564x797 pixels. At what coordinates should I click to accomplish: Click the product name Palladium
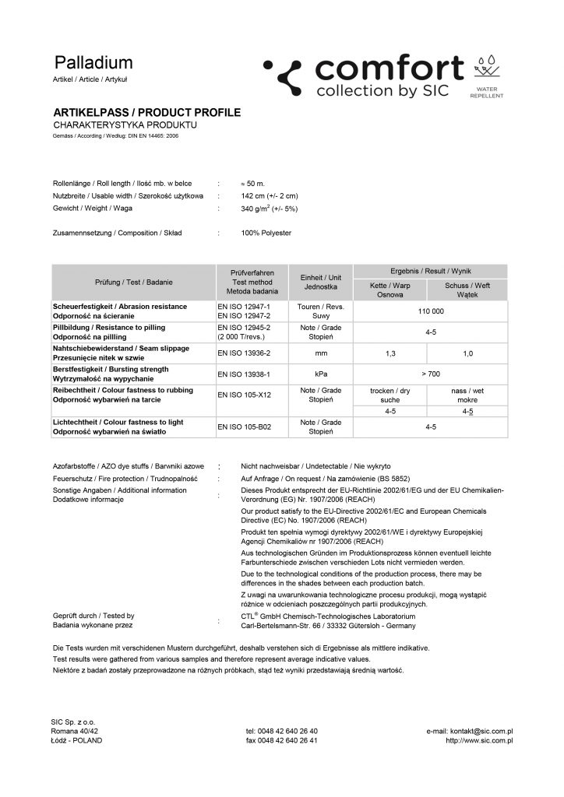coord(93,63)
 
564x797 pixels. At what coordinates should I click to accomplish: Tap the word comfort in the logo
coord(389,68)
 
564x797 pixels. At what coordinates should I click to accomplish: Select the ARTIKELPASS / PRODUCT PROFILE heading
coord(146,113)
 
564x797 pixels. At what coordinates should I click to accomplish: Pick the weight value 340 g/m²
coord(270,209)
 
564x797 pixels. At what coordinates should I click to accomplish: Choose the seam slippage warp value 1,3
coord(390,353)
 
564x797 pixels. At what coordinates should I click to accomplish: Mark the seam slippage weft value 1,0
coord(467,353)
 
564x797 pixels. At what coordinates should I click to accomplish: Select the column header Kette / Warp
coord(390,286)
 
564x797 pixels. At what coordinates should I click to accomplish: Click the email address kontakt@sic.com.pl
coord(469,731)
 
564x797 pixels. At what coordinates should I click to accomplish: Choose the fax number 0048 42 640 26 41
coord(281,740)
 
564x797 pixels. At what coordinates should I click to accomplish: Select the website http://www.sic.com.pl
coord(478,740)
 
